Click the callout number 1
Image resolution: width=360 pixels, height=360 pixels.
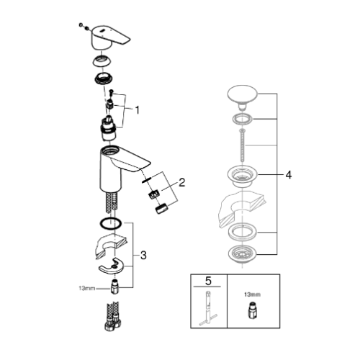pyautogui.click(x=137, y=110)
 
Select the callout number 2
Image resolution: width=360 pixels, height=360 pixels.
pyautogui.click(x=182, y=182)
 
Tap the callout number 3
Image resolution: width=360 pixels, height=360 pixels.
pyautogui.click(x=143, y=256)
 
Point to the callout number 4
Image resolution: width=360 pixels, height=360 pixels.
pyautogui.click(x=289, y=175)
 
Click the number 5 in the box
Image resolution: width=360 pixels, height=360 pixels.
pyautogui.click(x=208, y=281)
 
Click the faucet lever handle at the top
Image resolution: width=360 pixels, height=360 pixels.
pyautogui.click(x=110, y=37)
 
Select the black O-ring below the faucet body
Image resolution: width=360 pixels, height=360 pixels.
pyautogui.click(x=110, y=224)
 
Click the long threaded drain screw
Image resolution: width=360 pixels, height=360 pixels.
pyautogui.click(x=242, y=146)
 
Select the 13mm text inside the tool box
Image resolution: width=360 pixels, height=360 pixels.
pyautogui.click(x=253, y=294)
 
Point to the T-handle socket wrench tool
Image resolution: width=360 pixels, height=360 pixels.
pyautogui.click(x=208, y=308)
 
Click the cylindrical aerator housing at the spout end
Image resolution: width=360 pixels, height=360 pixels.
pyautogui.click(x=162, y=208)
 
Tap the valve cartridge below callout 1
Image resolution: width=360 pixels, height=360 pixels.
pyautogui.click(x=109, y=128)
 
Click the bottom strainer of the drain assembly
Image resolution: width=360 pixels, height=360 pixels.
pyautogui.click(x=242, y=255)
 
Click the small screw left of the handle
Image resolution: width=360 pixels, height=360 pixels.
pyautogui.click(x=81, y=24)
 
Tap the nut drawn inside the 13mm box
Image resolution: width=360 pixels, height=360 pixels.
pyautogui.click(x=252, y=311)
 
